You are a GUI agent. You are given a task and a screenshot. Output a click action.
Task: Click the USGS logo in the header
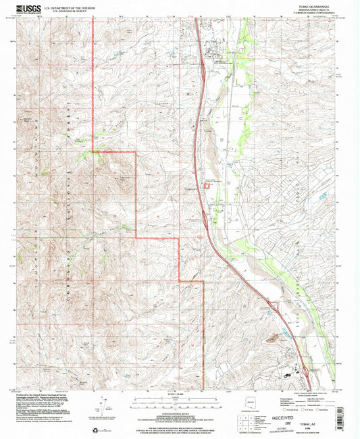(28, 9)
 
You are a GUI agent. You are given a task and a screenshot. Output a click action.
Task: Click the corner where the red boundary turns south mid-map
(136, 153)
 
